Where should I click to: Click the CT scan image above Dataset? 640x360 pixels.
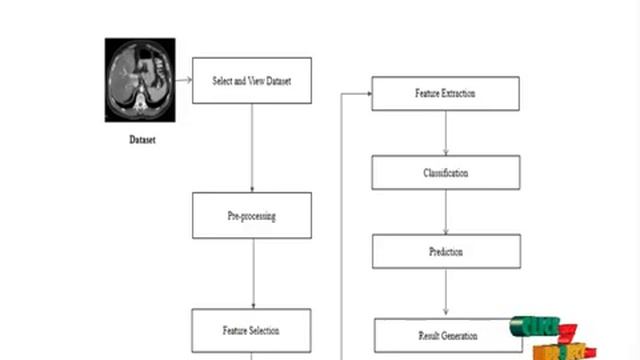coord(140,79)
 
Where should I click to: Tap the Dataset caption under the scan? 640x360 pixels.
coord(142,140)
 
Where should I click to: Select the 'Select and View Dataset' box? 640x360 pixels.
coord(251,80)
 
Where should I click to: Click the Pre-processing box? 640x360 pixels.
coord(251,215)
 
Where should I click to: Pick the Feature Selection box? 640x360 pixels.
coord(251,330)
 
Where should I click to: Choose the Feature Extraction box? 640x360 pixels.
coord(445,94)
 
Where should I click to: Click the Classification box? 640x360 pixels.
coord(446,173)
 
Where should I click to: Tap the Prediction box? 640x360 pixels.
coord(446,252)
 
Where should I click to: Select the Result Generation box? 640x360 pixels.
coord(447,335)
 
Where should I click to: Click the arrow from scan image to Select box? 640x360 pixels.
coord(183,80)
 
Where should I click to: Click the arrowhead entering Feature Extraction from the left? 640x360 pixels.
coord(367,94)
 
